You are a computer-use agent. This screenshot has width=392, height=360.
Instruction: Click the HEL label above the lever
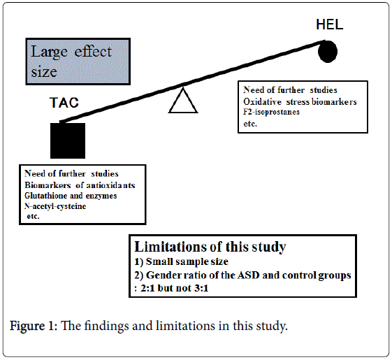coord(330,24)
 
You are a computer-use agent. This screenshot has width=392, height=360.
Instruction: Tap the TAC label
coord(64,103)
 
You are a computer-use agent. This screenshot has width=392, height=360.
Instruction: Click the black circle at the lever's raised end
coord(328,51)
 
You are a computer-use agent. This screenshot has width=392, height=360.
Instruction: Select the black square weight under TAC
coord(68,141)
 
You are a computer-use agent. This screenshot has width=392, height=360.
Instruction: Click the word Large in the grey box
coord(49,52)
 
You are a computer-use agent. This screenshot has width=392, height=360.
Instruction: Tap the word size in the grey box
coord(44,72)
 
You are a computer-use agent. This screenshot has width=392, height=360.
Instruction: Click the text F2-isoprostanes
coord(271,112)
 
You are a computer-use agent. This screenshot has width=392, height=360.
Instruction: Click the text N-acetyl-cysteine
coord(55,206)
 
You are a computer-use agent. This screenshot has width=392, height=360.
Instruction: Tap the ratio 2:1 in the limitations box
coord(147,288)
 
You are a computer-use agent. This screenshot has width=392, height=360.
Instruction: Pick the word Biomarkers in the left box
coord(48,185)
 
